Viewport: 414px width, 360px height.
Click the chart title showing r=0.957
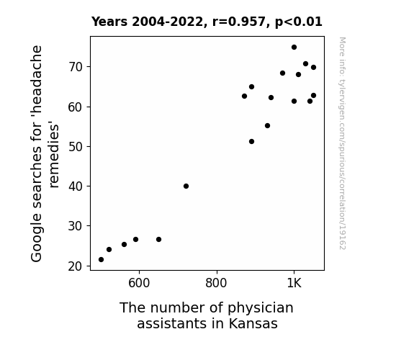pos(207,22)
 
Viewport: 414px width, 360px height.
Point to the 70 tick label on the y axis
pos(76,67)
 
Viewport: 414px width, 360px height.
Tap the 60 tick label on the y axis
pos(76,107)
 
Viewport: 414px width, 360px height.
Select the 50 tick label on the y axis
pos(76,147)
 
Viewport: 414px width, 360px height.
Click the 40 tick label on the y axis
pos(76,186)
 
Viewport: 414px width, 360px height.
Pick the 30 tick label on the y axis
pos(76,226)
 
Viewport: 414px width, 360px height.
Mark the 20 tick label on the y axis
pos(76,266)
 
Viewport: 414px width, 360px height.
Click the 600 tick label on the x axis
pos(139,283)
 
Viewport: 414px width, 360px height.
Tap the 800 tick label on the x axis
pos(216,283)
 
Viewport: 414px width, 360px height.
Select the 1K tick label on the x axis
pos(294,283)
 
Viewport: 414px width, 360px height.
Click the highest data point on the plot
pos(294,48)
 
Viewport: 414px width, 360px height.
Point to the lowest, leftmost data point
pos(101,260)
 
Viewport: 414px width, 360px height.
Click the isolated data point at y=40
pos(186,186)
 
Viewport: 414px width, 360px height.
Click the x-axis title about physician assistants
pos(207,315)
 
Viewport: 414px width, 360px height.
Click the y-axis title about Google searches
pos(45,153)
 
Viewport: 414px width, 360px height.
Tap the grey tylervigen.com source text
pos(342,143)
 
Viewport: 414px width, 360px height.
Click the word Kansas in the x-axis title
pos(253,323)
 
